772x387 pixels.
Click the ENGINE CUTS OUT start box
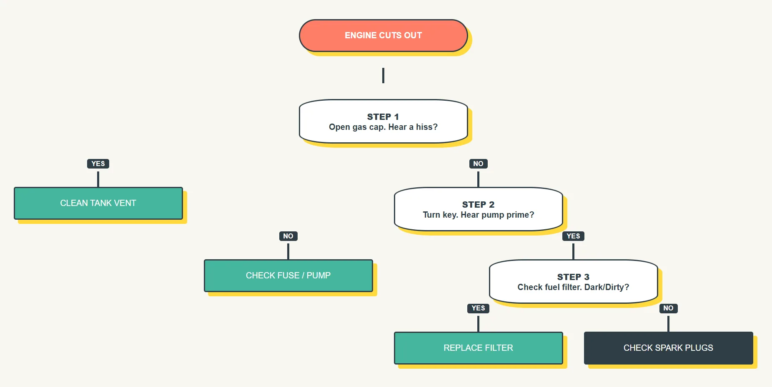[383, 35]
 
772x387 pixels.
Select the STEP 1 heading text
[383, 117]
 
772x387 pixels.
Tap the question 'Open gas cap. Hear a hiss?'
[383, 127]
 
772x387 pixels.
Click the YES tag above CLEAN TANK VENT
[98, 164]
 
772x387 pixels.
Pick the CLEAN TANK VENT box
[98, 203]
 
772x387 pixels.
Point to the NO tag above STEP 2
[478, 164]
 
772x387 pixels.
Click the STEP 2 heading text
[478, 204]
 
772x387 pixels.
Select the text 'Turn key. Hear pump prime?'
[478, 215]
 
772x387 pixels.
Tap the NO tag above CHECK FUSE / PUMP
[288, 236]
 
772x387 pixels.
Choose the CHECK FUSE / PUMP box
[288, 275]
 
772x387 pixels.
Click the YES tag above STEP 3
[573, 236]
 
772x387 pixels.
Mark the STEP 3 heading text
[573, 277]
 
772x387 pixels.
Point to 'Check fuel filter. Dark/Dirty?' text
[573, 287]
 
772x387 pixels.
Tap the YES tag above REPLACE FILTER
[478, 308]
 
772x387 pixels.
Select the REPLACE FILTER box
[478, 348]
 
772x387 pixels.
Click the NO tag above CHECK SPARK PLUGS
[668, 308]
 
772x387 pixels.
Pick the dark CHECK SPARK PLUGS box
[668, 348]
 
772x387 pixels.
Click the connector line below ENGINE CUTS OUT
[383, 76]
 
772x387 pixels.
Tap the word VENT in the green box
[125, 203]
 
